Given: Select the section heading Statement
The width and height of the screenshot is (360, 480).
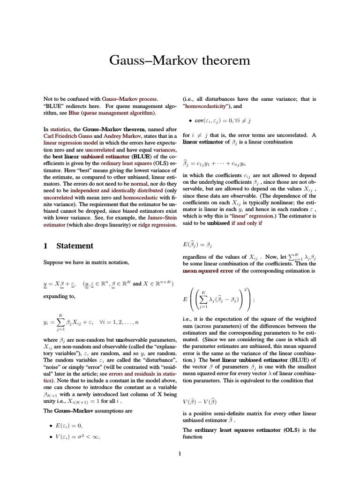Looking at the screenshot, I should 75,246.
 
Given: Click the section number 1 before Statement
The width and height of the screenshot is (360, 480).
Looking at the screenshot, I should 45,246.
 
